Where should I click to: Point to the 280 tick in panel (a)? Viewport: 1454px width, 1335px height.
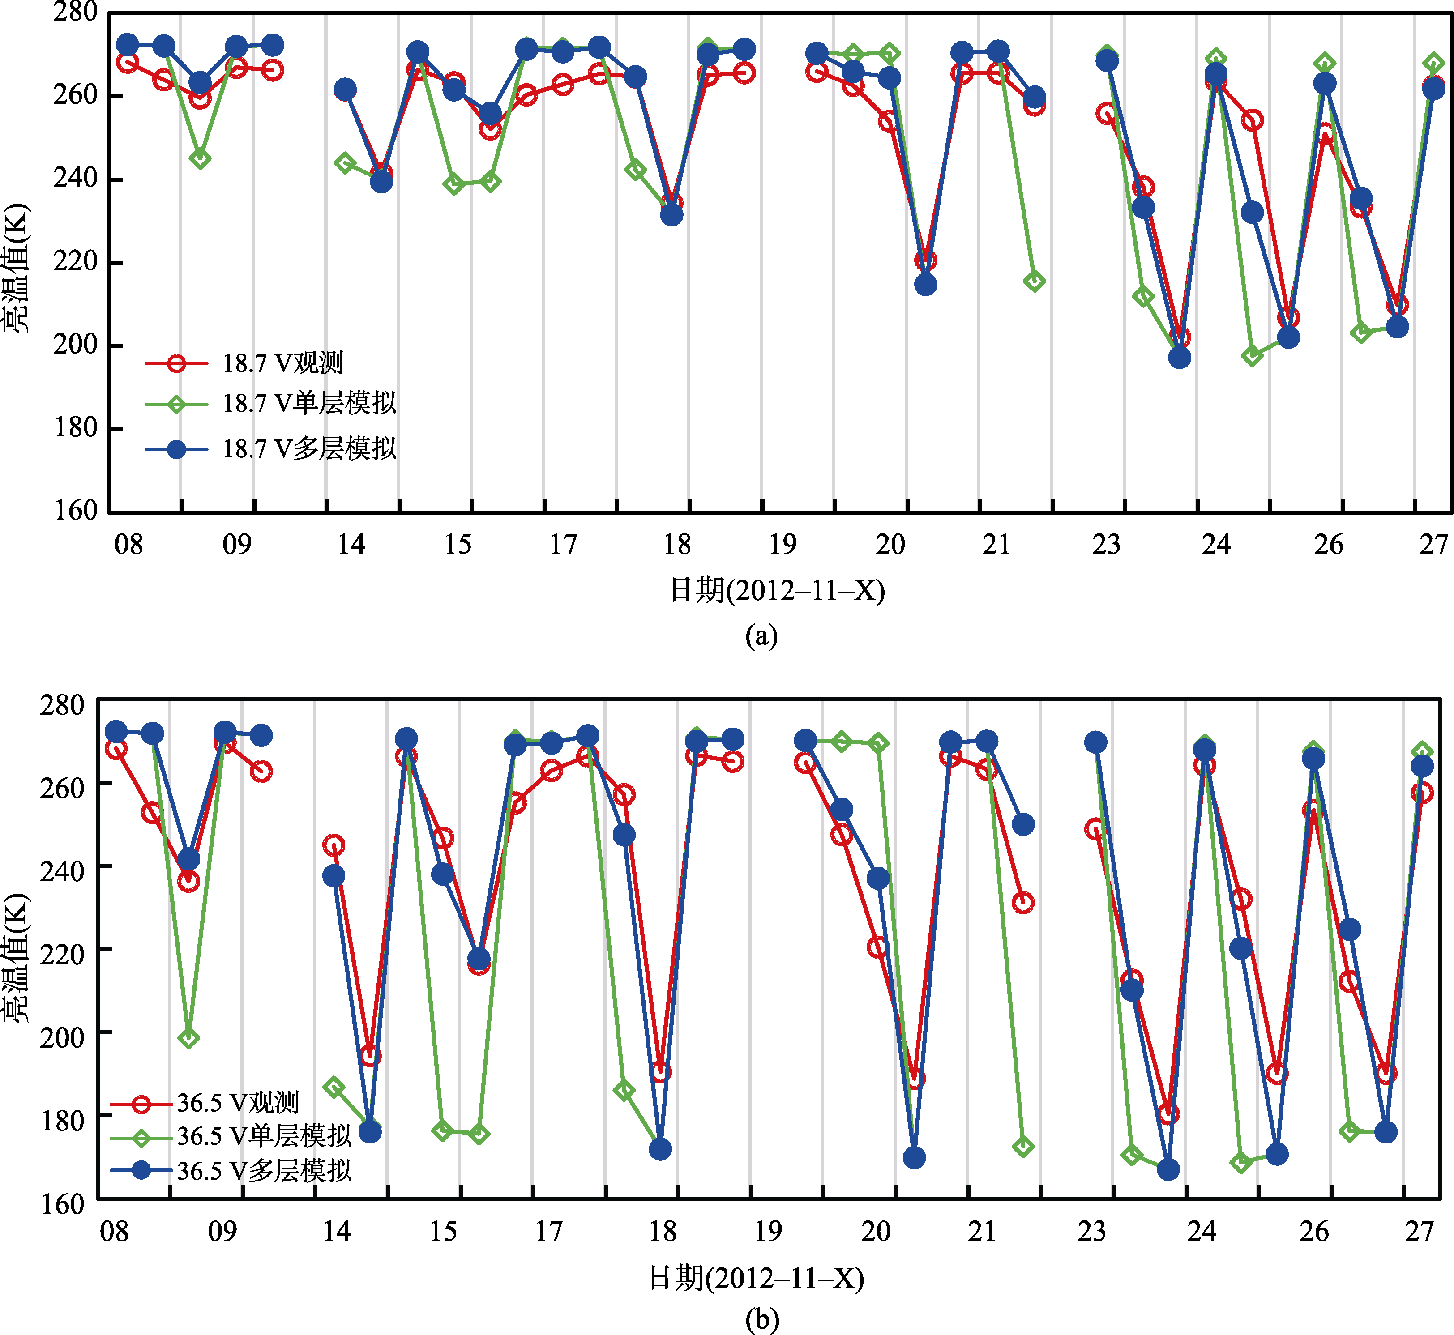(x=75, y=12)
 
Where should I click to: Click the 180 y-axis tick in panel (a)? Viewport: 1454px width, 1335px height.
(x=75, y=428)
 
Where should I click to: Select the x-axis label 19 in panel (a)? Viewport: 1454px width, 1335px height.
(x=782, y=545)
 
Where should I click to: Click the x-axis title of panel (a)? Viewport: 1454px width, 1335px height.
(x=777, y=591)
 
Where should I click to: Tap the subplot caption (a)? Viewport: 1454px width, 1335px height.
(x=761, y=636)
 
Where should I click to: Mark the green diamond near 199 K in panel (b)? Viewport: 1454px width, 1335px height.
(x=188, y=1038)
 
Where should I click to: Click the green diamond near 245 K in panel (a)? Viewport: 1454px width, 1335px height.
(x=200, y=159)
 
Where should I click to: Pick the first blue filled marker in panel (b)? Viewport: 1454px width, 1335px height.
(x=115, y=732)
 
